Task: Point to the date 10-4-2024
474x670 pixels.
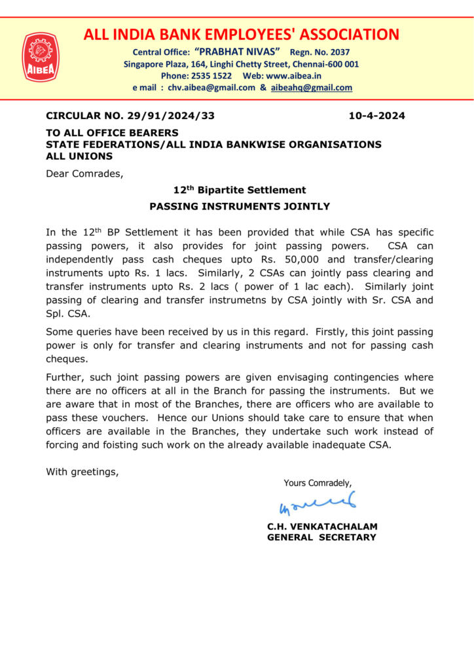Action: pyautogui.click(x=376, y=116)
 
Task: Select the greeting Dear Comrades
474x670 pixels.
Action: pyautogui.click(x=84, y=173)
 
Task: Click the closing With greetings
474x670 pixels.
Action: pyautogui.click(x=82, y=470)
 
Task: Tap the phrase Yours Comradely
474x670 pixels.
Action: pyautogui.click(x=318, y=483)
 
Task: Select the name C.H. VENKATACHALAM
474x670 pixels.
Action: pyautogui.click(x=322, y=526)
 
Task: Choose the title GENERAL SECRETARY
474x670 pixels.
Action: pyautogui.click(x=321, y=537)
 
